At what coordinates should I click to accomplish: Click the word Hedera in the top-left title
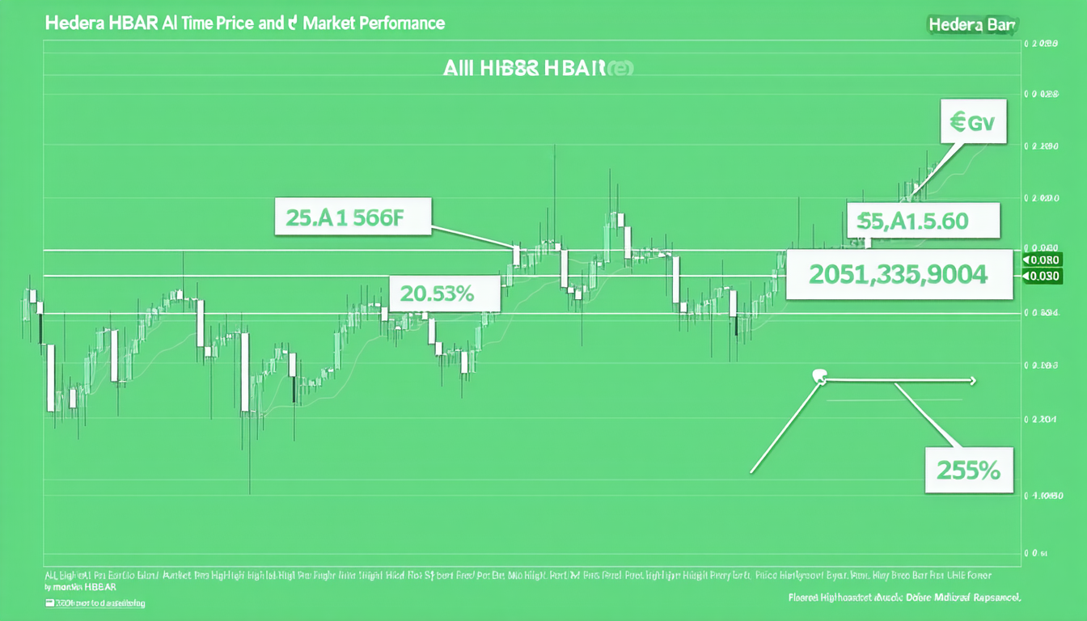click(x=70, y=23)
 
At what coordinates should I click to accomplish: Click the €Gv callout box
click(x=973, y=124)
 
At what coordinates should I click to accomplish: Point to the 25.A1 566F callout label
click(x=351, y=217)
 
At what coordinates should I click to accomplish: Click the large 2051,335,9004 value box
click(x=898, y=275)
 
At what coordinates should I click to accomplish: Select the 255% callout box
click(x=969, y=469)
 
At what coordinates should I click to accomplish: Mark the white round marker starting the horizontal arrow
click(x=818, y=375)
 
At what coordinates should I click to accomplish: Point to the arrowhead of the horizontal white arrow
click(x=972, y=380)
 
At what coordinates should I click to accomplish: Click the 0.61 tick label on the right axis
click(x=1035, y=555)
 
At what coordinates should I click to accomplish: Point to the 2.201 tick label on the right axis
click(x=1039, y=420)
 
